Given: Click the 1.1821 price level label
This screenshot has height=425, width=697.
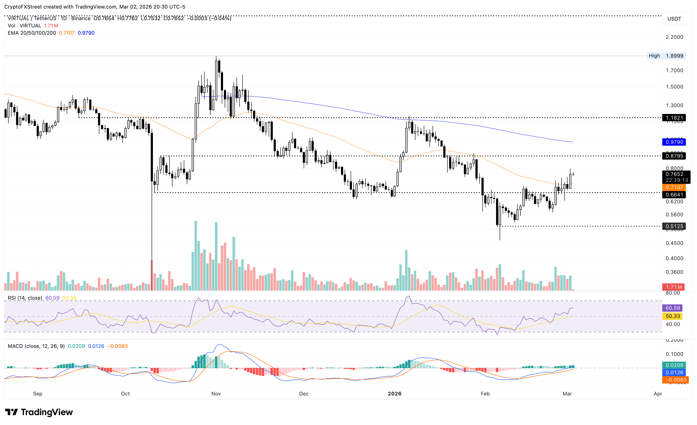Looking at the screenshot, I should tap(674, 118).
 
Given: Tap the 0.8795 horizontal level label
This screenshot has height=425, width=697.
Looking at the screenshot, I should tap(674, 156).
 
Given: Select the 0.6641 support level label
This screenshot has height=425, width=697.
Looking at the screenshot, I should tap(674, 195).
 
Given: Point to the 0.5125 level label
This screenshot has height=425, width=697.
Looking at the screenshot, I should tap(674, 226).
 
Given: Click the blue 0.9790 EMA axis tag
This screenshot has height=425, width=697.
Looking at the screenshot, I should tap(674, 142).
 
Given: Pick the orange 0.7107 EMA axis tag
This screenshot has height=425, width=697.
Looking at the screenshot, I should tap(674, 187).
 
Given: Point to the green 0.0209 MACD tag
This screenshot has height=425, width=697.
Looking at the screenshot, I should tap(674, 365).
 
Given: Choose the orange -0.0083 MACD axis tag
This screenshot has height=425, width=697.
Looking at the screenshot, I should tap(674, 380).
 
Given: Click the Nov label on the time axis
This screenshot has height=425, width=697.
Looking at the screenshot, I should tap(216, 394).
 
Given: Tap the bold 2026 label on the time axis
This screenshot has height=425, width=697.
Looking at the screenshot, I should tap(395, 394).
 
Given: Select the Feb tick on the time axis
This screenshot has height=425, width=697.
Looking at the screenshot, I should tap(485, 394).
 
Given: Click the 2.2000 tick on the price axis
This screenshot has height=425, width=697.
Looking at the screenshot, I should tap(674, 37).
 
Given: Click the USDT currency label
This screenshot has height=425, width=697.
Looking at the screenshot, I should tap(674, 19).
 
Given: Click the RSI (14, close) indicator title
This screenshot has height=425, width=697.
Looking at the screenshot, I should tap(25, 298).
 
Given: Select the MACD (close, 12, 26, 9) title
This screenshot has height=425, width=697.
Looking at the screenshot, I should tap(36, 346).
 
